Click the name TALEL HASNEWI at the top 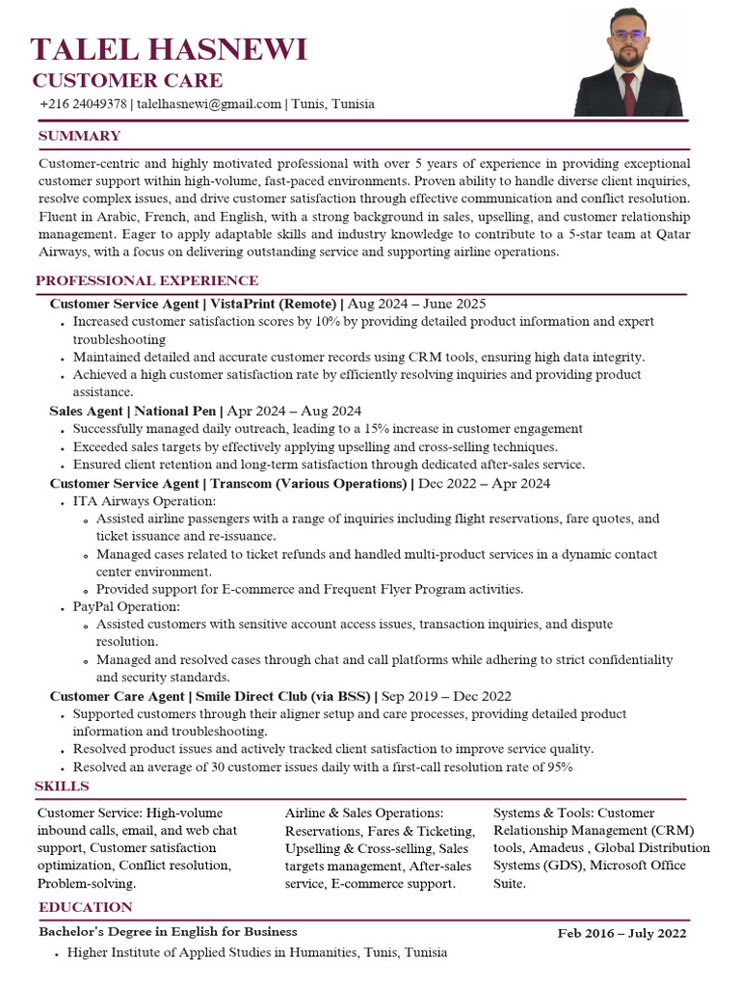click(169, 48)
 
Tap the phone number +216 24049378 click(83, 104)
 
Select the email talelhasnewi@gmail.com click(208, 104)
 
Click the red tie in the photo click(628, 94)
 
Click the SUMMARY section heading click(79, 136)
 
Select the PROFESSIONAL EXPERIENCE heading click(146, 280)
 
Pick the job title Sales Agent click(86, 411)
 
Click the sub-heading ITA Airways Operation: click(145, 501)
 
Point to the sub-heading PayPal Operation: click(126, 606)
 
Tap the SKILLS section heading click(62, 787)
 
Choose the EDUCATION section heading click(85, 907)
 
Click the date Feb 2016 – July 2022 click(622, 933)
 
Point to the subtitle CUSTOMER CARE click(127, 80)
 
